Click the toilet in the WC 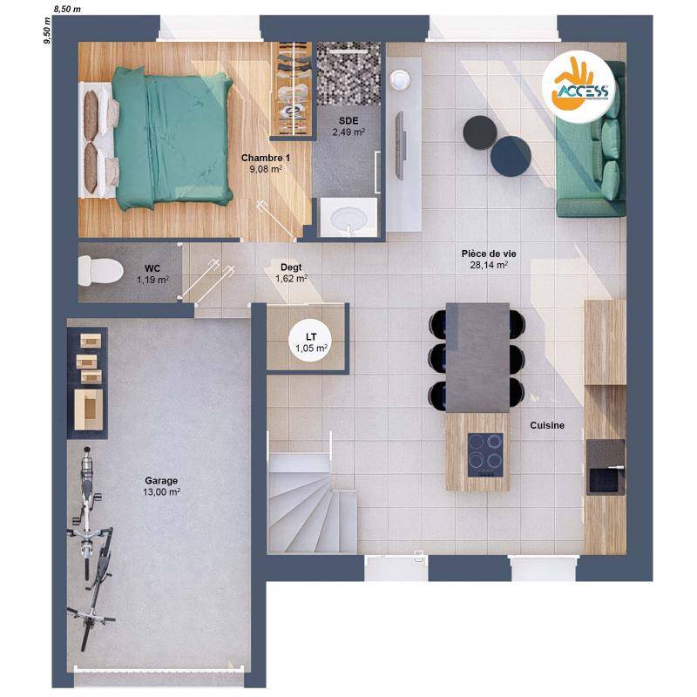[100, 271]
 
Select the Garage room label [161, 481]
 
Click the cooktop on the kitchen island [485, 455]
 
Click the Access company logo [579, 87]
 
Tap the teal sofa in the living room [591, 139]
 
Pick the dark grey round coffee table [480, 132]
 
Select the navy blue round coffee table [511, 157]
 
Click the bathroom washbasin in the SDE [349, 217]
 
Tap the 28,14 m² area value [489, 265]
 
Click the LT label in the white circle [311, 337]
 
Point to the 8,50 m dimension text [67, 9]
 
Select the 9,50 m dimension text [47, 30]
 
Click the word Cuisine [547, 425]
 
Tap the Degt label [291, 267]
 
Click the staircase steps [312, 504]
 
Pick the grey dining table [477, 358]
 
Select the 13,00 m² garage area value [161, 492]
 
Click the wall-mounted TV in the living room [400, 145]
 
